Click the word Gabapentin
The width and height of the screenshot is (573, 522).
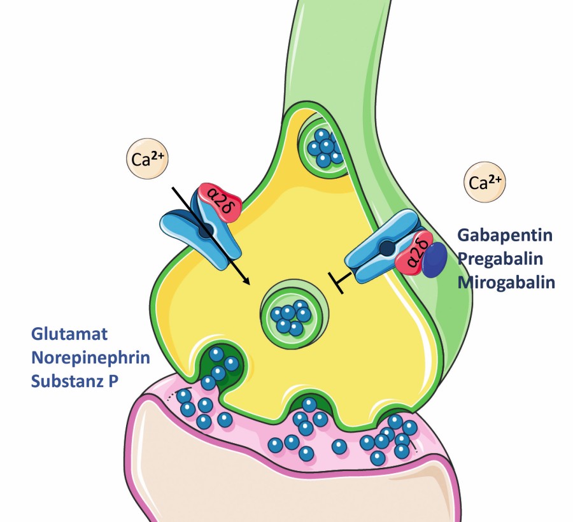point(505,235)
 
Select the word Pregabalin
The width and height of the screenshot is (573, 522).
point(500,259)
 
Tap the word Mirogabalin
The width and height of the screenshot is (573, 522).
point(506,283)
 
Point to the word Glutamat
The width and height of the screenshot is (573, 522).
point(69,334)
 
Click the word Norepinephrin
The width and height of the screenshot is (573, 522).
point(90,358)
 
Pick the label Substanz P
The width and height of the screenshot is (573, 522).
point(74,381)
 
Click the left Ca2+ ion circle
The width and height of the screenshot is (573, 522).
point(147,159)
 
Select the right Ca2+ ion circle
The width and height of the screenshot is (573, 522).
point(485,182)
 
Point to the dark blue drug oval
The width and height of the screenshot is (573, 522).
point(434,260)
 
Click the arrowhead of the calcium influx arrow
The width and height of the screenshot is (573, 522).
point(247,281)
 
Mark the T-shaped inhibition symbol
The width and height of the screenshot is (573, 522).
point(339,282)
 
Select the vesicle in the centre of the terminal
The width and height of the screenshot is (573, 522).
point(294,313)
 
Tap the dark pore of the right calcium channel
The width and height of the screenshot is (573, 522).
point(386,248)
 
